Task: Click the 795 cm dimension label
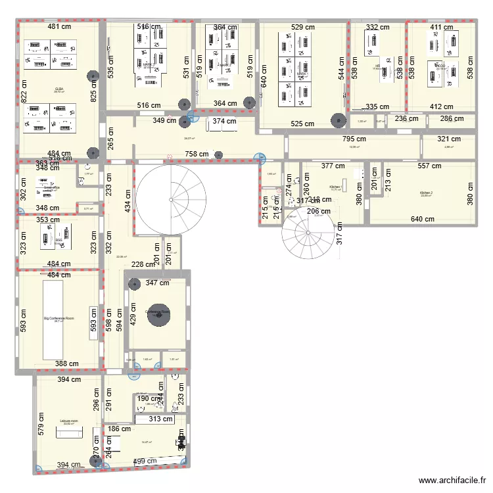pyautogui.click(x=354, y=139)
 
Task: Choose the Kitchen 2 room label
pyautogui.click(x=427, y=193)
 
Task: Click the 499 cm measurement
pyautogui.click(x=146, y=461)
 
